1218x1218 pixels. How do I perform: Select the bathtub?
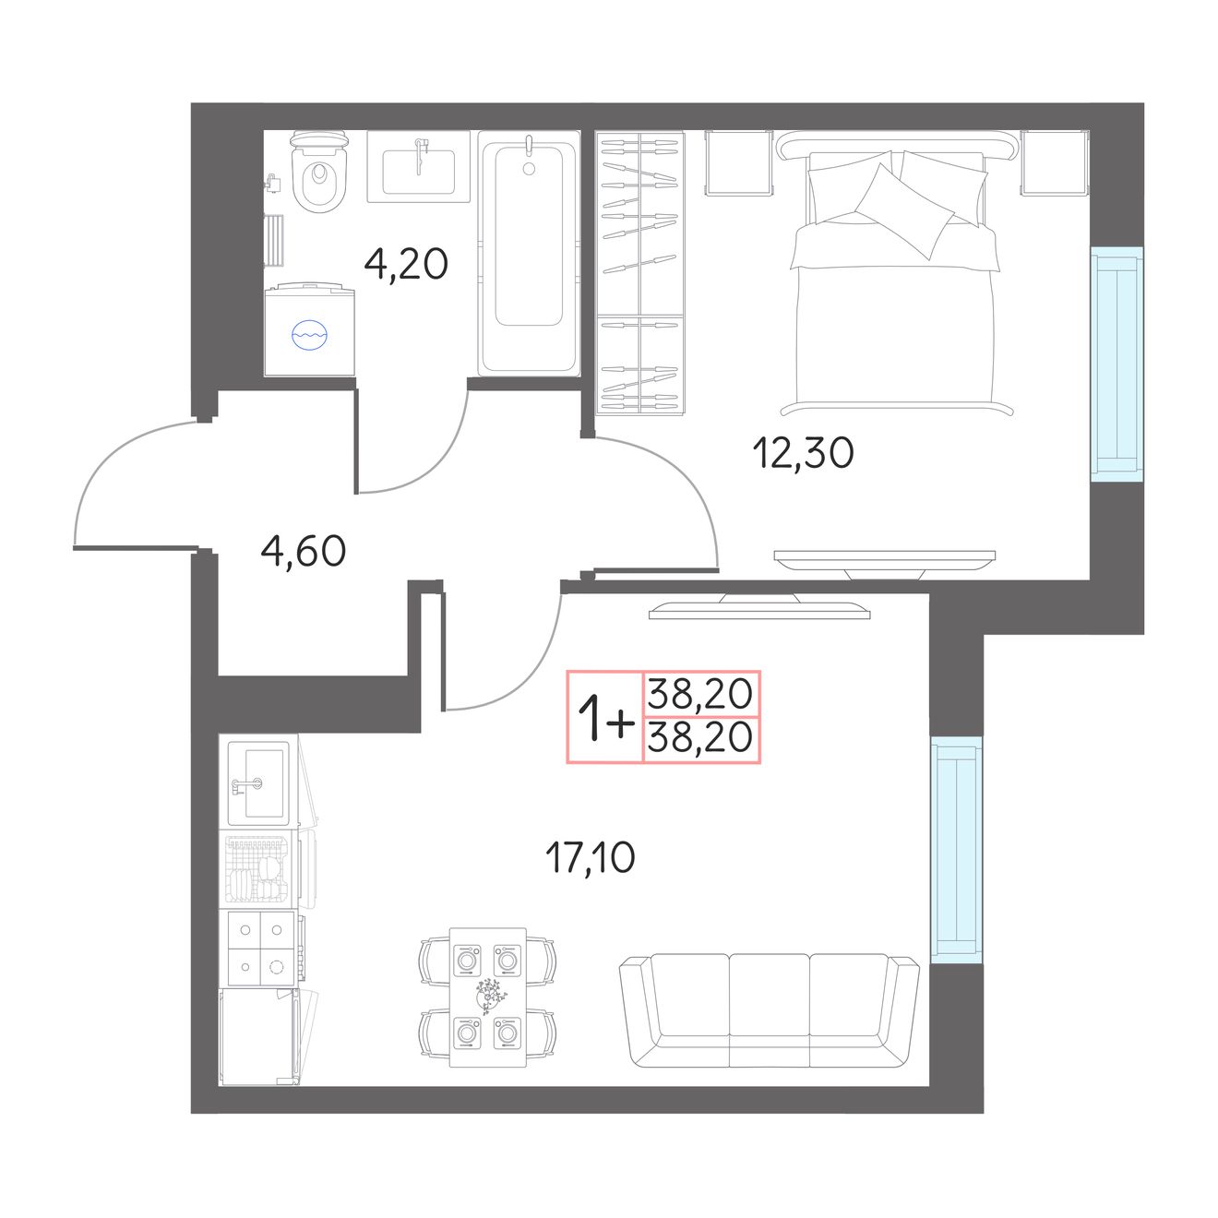529,253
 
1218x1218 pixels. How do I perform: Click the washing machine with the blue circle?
309,330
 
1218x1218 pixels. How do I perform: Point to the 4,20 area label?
406,264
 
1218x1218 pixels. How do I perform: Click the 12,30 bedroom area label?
803,452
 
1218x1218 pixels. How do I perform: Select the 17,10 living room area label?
590,857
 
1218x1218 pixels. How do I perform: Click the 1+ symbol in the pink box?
605,717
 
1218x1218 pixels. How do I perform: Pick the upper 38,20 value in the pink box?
700,693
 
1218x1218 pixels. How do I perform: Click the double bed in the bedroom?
896,273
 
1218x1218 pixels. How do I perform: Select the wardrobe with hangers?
640,273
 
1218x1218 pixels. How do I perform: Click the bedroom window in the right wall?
1116,364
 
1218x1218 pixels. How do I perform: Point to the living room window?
957,850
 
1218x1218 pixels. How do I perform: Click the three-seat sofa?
770,1011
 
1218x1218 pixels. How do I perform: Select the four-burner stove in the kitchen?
260,949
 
